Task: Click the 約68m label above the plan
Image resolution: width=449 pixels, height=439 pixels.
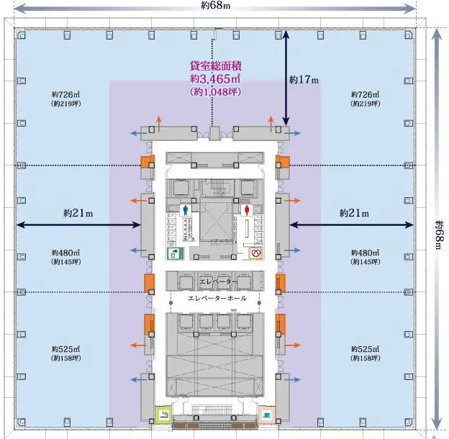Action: (216, 5)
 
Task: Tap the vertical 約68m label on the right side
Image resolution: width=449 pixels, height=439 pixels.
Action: (440, 235)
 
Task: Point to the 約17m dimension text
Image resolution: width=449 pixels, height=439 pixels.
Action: (304, 80)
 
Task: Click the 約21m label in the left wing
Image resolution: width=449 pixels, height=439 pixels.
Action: (78, 213)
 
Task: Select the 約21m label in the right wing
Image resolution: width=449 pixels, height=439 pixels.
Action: (354, 213)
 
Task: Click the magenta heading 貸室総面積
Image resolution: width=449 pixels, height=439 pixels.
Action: (216, 65)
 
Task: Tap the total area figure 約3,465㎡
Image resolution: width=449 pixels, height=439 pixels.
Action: (215, 78)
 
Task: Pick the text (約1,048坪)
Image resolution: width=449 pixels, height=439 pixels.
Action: (215, 91)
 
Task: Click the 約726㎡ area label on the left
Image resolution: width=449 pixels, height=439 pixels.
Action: (66, 94)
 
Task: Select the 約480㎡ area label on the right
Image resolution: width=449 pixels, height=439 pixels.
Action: (365, 253)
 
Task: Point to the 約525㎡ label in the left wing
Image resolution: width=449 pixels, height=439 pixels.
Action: (66, 349)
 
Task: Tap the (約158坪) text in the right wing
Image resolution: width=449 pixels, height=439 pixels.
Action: (365, 358)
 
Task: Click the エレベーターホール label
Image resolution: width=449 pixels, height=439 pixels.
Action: (217, 298)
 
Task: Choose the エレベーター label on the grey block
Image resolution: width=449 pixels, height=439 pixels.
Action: (218, 281)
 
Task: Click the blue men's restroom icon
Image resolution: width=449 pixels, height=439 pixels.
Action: (185, 209)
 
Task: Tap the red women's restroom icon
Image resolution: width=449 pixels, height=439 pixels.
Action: (247, 209)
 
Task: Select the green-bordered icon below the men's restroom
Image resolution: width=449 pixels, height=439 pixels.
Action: (176, 253)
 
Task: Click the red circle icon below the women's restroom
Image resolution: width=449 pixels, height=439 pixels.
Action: (255, 253)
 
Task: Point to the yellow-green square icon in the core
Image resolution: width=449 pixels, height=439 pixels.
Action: (163, 415)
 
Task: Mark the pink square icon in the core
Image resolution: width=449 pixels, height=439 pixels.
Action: (267, 415)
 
